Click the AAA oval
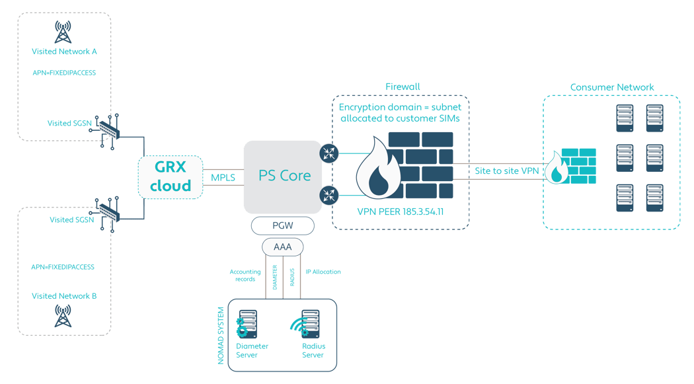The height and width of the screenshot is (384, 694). click(282, 247)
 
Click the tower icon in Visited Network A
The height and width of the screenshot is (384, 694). click(63, 31)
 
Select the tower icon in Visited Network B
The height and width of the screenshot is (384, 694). click(63, 317)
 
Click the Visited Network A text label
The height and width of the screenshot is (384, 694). click(64, 51)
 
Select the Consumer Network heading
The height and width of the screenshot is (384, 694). click(611, 87)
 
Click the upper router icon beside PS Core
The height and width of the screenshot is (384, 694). click(328, 153)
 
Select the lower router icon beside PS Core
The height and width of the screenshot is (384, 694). click(328, 195)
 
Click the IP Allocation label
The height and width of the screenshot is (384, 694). click(323, 272)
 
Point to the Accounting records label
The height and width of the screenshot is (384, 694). click(245, 275)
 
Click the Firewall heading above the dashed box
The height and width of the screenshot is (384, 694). click(403, 87)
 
